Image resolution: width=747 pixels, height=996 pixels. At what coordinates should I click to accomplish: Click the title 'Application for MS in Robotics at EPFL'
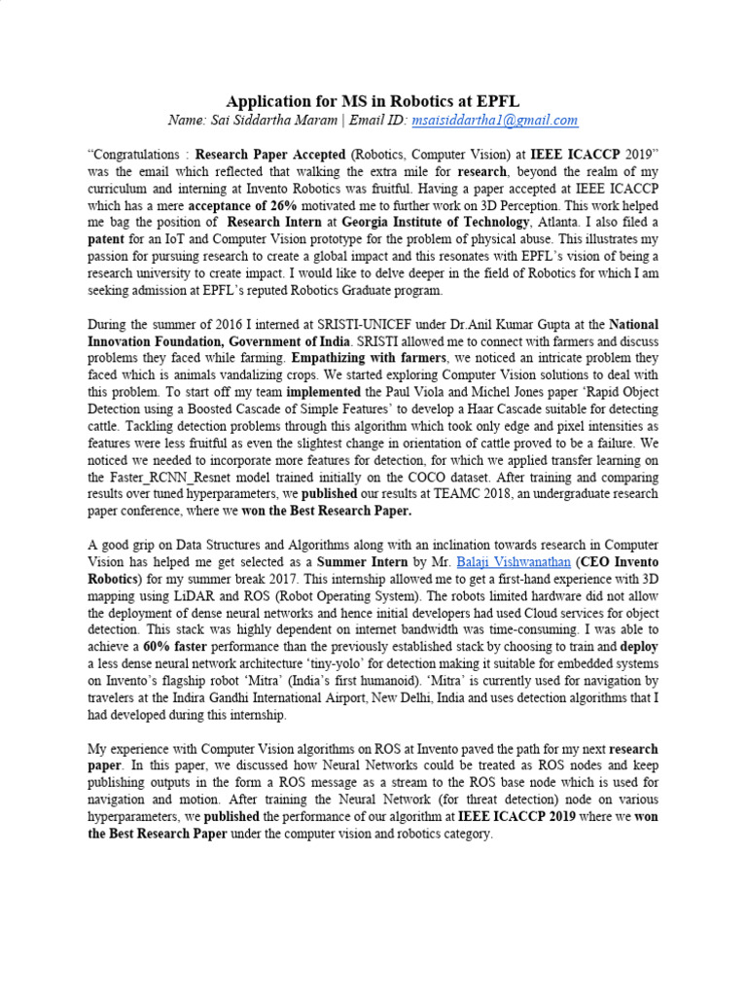coord(373,101)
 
